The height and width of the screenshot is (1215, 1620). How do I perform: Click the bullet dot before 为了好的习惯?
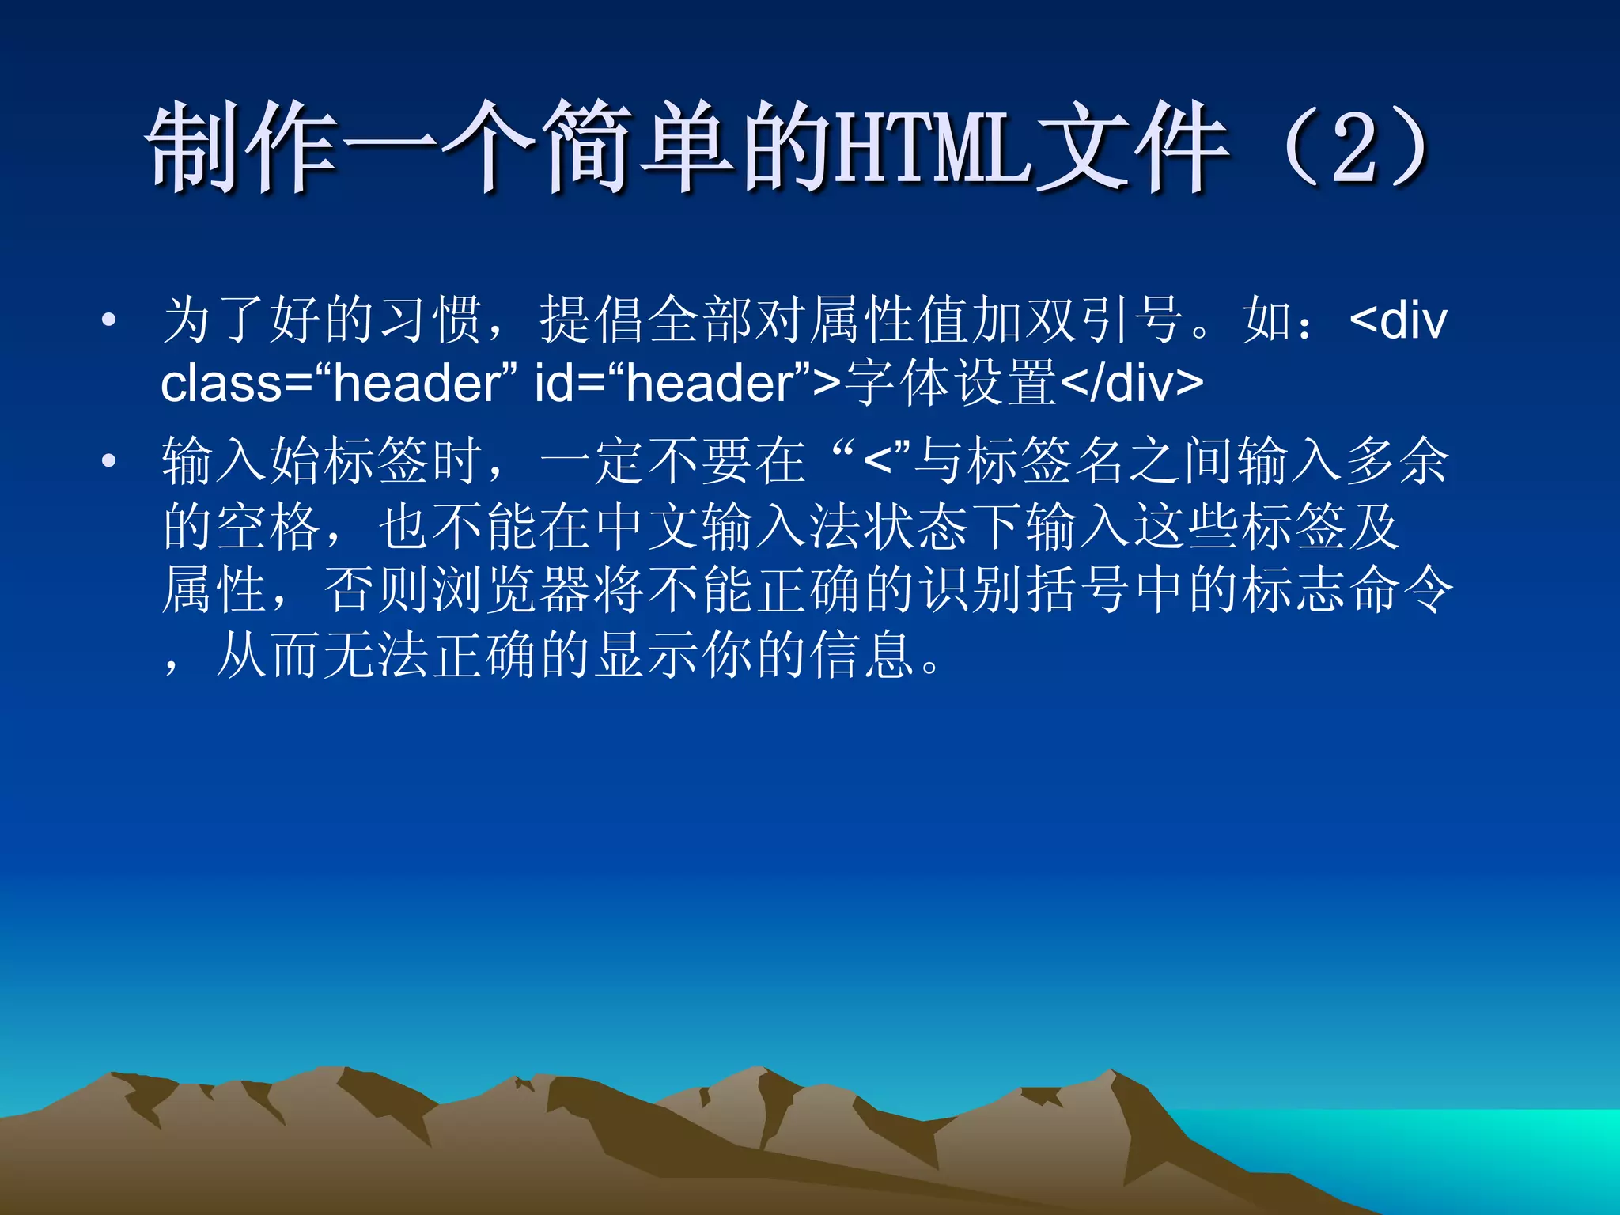pyautogui.click(x=109, y=320)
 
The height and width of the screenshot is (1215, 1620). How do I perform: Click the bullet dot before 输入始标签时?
pyautogui.click(x=109, y=460)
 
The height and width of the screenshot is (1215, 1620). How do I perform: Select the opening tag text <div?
pyautogui.click(x=1399, y=320)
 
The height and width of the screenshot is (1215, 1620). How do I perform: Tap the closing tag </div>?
pyautogui.click(x=1131, y=383)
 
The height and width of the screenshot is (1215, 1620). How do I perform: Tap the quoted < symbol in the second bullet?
pyautogui.click(x=878, y=460)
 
